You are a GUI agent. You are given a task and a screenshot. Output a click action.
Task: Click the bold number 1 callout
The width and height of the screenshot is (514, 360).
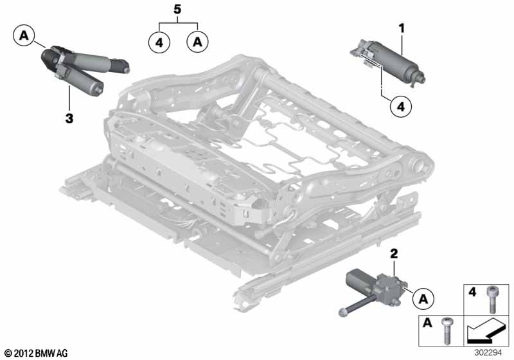pos(402,28)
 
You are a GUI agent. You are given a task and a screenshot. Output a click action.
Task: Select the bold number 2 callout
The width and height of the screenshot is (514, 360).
pos(394,254)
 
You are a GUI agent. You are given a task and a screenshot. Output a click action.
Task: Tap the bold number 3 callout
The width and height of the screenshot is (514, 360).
pos(69,118)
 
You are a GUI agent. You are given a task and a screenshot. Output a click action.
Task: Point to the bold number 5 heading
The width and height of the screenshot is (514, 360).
pos(177,9)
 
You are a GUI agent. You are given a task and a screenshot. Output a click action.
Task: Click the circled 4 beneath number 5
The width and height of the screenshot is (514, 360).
pos(159,42)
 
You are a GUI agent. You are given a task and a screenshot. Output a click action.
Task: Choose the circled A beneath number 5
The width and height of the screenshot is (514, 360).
pos(197,42)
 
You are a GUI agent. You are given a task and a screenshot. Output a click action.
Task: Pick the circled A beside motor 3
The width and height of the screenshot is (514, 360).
pos(24,35)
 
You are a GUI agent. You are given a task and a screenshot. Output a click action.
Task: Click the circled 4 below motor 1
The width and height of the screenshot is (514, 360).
pos(400,107)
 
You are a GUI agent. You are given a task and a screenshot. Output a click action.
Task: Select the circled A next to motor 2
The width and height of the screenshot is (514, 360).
pos(423,299)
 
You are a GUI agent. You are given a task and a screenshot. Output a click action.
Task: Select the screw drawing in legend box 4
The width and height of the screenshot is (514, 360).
pos(492,299)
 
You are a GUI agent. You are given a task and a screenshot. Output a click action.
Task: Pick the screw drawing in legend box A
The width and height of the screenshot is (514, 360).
pos(446,330)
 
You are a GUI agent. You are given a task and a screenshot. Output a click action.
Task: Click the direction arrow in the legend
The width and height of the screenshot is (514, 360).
pos(485,331)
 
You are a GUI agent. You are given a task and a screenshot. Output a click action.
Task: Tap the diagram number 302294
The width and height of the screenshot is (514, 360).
pos(488,353)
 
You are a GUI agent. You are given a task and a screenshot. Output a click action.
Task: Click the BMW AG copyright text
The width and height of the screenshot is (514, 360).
pos(37,353)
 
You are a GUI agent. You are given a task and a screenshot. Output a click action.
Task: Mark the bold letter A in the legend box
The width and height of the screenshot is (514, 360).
pos(427,323)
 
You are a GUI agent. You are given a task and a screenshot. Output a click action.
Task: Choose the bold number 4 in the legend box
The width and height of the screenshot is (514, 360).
pos(472,291)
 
